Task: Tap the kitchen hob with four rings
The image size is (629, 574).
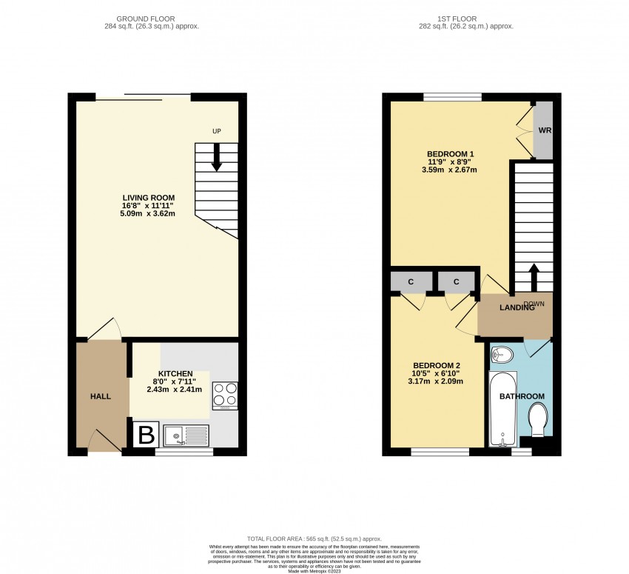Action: (225, 395)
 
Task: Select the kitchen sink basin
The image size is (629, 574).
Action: (178, 436)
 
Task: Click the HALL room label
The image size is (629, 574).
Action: (101, 397)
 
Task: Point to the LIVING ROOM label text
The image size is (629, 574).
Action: (149, 198)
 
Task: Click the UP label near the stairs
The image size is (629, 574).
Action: (217, 132)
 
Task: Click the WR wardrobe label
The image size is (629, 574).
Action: (545, 130)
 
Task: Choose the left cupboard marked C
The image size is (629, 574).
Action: (410, 281)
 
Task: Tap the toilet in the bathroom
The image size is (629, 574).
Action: (538, 424)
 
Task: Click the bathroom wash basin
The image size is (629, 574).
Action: (502, 355)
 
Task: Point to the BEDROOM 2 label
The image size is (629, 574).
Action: (437, 366)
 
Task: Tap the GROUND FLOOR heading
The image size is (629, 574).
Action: (157, 19)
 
